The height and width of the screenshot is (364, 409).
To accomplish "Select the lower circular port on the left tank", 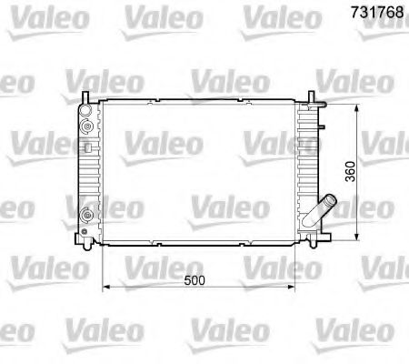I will click(x=86, y=216).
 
